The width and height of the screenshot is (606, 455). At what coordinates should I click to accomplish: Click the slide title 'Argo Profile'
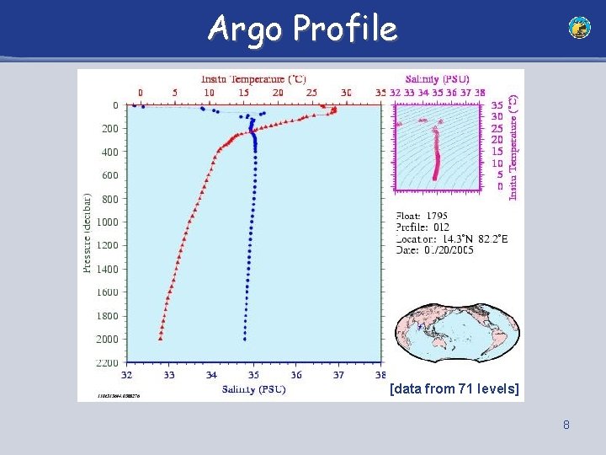[302, 29]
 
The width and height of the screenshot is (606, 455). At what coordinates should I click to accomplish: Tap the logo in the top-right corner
[579, 28]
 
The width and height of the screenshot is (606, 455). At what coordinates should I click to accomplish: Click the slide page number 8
[566, 426]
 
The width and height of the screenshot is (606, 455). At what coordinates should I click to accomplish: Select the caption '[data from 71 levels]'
[454, 388]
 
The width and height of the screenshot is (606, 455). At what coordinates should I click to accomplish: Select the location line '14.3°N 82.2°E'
[451, 239]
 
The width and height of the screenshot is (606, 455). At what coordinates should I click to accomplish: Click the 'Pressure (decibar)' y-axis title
[87, 233]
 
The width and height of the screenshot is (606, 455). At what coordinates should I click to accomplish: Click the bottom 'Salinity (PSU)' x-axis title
[253, 389]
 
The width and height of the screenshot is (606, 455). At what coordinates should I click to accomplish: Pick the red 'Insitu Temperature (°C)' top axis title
[252, 78]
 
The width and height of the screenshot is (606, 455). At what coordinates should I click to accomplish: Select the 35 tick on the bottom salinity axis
[253, 375]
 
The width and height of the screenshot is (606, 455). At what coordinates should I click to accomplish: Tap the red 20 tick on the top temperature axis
[278, 92]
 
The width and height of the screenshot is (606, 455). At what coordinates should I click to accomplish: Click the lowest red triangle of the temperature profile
[160, 338]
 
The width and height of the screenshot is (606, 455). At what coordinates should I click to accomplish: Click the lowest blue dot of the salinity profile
[244, 339]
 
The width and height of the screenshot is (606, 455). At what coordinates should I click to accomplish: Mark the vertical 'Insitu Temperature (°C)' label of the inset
[514, 147]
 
